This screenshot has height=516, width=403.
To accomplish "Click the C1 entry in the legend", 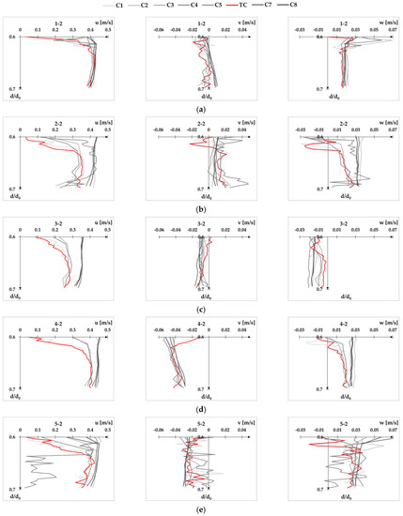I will click(x=119, y=7).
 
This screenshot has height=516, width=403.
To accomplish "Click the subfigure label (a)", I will click(x=201, y=110).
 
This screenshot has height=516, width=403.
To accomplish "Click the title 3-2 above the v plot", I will click(x=199, y=224).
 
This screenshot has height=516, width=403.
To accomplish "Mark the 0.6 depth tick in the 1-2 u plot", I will click(x=13, y=38).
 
